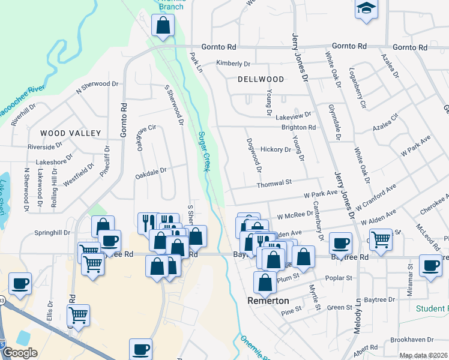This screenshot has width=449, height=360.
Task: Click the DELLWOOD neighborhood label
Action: coord(261,79)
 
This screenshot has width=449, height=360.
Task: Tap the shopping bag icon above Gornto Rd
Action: coord(163,26)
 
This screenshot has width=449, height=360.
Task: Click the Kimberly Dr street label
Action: coord(233,64)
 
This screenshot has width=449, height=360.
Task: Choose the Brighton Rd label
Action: coord(298,127)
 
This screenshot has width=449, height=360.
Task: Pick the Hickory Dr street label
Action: coord(276,149)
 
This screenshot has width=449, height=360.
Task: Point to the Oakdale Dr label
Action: coord(150,170)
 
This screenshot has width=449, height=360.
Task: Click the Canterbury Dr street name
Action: coord(319,224)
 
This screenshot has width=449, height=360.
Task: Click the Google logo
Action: coord(20,353)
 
